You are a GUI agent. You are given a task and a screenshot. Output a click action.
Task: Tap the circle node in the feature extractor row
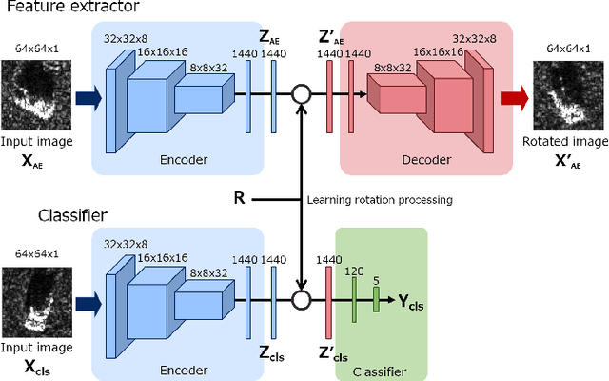302,94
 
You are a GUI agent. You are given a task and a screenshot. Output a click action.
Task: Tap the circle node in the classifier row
302,300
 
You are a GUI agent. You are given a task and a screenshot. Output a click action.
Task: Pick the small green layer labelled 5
376,300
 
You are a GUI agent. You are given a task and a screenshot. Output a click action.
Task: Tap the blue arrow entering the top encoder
86,94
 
